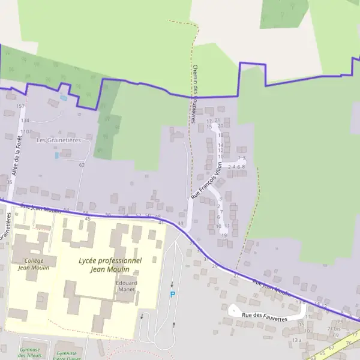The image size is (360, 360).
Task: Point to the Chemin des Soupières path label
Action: pos(194,94)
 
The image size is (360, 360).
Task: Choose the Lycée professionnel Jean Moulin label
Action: pos(110,265)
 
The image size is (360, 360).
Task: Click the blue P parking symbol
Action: pos(172,295)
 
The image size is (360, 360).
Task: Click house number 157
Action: pos(20,106)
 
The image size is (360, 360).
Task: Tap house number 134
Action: pos(25,120)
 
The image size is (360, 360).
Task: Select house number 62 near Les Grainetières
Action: pos(82,164)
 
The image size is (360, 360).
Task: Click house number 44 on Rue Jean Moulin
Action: pos(180,223)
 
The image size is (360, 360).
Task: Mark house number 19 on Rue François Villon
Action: pos(224,235)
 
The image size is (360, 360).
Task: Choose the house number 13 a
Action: pos(296,340)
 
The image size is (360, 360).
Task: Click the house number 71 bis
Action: pos(333,329)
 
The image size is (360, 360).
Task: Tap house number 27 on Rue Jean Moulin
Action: pos(236,275)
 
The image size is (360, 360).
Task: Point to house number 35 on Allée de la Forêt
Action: pos(10,181)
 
